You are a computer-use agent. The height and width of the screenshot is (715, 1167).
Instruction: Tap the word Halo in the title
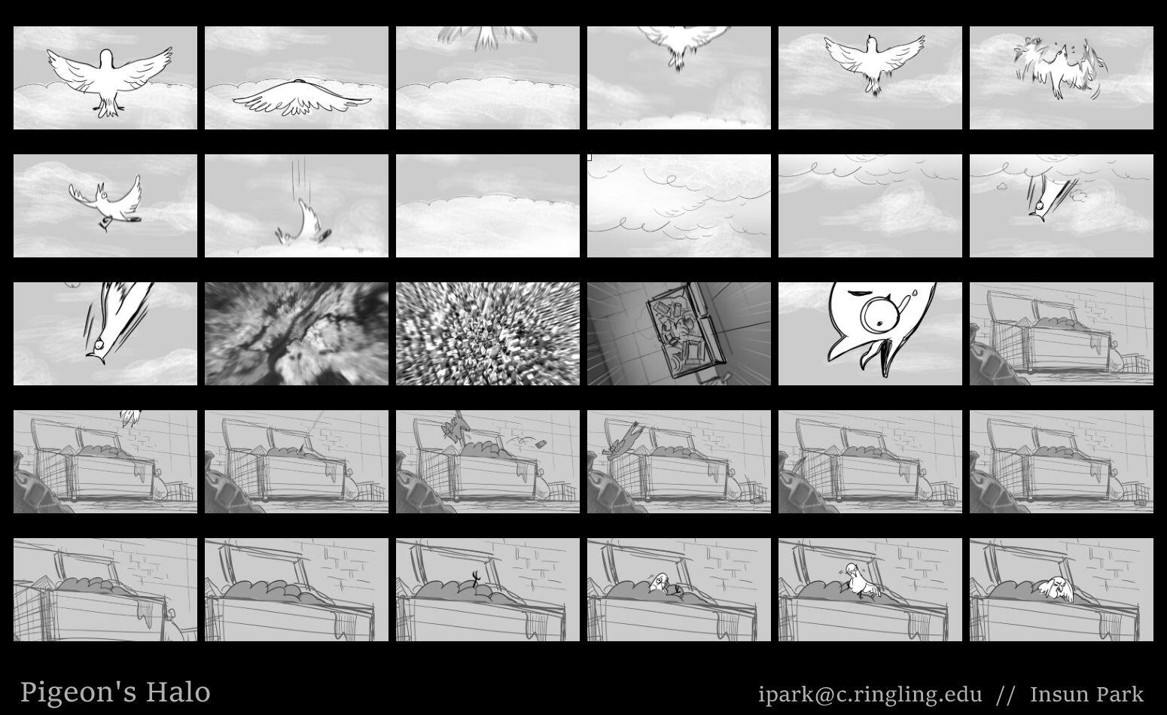click(178, 692)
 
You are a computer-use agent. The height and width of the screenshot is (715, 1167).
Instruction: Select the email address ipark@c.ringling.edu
click(870, 694)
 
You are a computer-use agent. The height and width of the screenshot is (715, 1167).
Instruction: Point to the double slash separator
click(1005, 695)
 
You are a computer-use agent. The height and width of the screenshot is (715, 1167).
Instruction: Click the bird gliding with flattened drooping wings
click(301, 99)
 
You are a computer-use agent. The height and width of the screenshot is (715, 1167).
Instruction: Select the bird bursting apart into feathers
click(1060, 68)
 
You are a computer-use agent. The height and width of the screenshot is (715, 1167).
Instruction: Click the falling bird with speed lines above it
click(304, 225)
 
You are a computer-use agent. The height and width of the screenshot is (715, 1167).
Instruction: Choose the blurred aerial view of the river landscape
click(297, 334)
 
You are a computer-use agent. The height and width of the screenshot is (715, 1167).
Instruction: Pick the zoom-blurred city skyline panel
click(488, 334)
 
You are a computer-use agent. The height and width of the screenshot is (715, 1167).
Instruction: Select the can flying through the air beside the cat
click(541, 443)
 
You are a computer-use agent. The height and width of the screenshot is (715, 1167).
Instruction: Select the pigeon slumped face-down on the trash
click(1056, 589)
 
